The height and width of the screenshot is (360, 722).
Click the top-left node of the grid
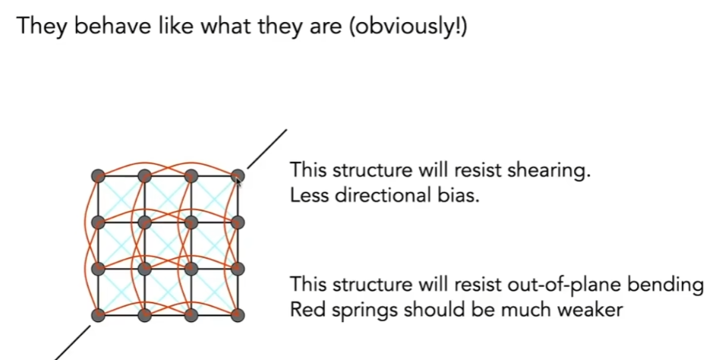[x=98, y=175]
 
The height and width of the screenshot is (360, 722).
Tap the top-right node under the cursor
[x=237, y=175]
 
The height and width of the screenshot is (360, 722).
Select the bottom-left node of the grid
[x=98, y=315]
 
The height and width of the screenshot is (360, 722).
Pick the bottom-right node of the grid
[x=237, y=315]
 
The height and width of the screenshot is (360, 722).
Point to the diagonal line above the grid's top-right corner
[x=267, y=149]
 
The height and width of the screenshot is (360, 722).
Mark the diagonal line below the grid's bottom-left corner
[x=73, y=343]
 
